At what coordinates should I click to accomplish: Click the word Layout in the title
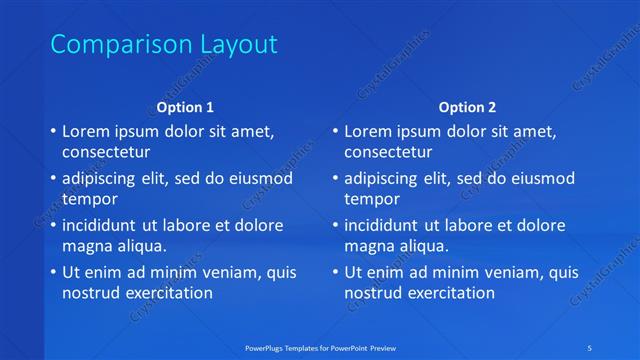(x=235, y=45)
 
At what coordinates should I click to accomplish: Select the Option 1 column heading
(x=186, y=107)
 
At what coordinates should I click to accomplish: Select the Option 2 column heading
(x=467, y=107)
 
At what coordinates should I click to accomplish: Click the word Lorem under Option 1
(x=87, y=131)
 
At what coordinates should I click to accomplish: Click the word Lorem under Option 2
(x=369, y=131)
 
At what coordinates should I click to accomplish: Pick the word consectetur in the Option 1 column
(x=106, y=153)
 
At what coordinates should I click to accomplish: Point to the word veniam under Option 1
(x=229, y=273)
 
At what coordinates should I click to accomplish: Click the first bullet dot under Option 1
(x=52, y=132)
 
